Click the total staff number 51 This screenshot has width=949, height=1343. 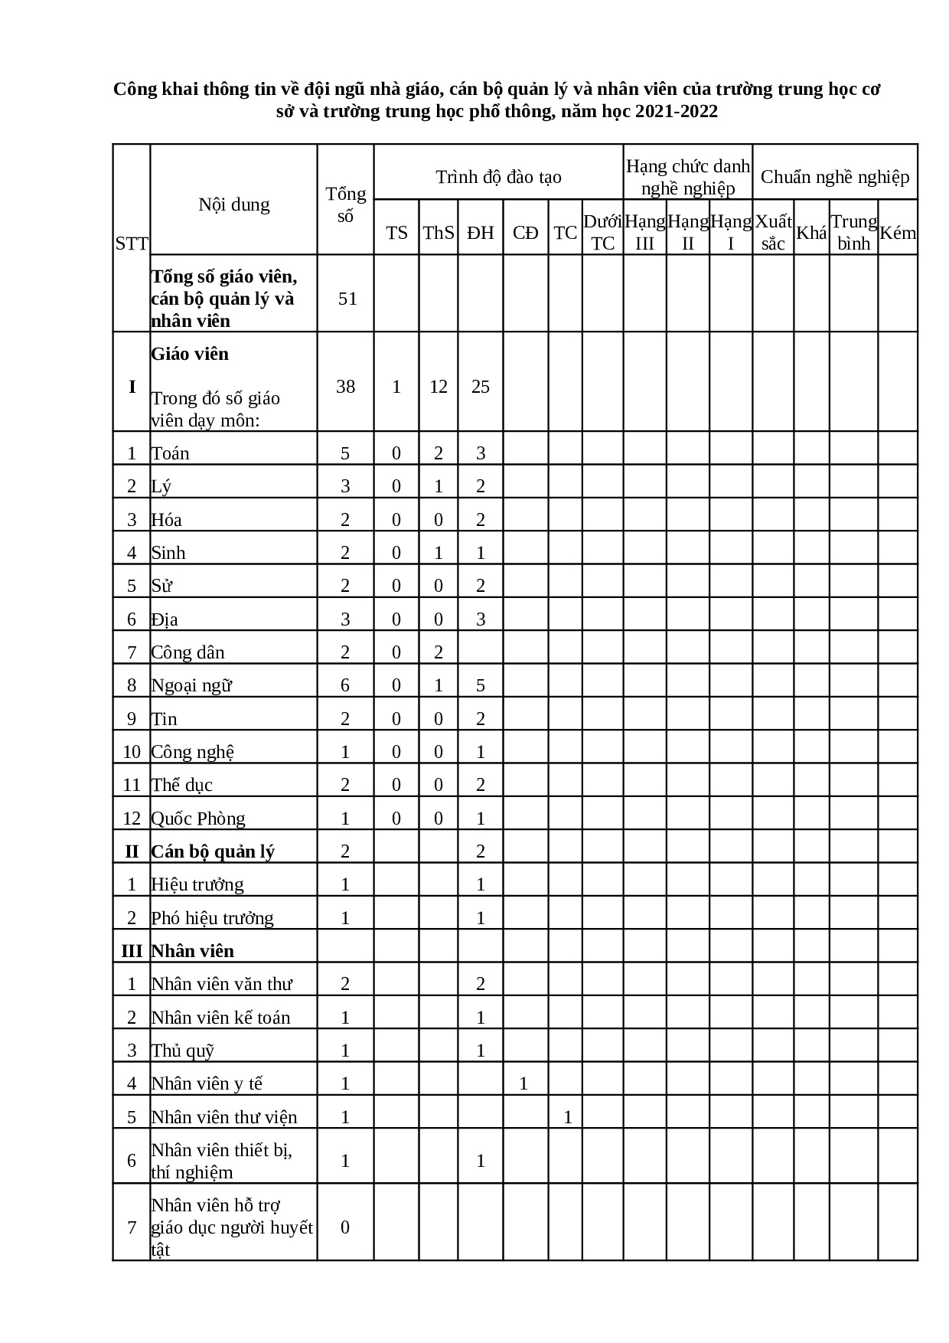347,299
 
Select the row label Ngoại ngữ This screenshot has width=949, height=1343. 191,685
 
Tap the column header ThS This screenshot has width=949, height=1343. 439,233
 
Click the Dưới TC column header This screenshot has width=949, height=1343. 603,232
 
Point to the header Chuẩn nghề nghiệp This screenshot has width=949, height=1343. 835,177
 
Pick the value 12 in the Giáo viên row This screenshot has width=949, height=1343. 439,387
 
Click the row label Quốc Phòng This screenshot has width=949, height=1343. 198,819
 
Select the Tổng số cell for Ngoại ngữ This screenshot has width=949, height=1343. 345,685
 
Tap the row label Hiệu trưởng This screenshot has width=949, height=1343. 197,884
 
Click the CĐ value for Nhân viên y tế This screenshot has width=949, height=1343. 524,1083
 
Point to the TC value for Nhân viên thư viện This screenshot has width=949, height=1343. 568,1117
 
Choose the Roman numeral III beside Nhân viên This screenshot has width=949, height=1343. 132,951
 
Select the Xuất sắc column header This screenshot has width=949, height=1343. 773,232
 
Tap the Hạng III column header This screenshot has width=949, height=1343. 645,232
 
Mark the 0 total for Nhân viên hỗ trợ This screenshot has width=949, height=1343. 345,1227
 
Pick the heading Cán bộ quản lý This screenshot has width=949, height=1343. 213,851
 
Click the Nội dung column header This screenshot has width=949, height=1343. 234,204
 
